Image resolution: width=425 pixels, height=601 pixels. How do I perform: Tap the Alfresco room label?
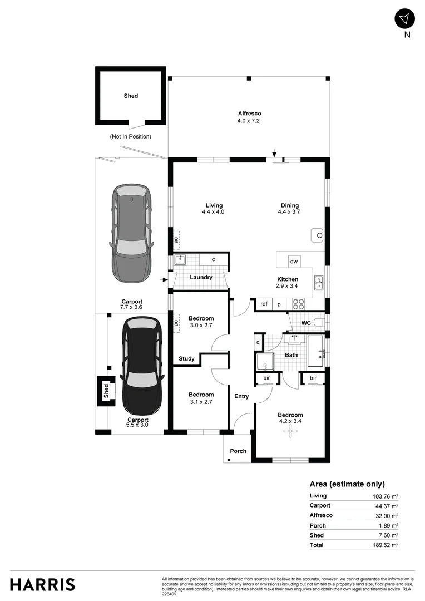249,114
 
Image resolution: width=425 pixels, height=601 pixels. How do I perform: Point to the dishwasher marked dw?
294,262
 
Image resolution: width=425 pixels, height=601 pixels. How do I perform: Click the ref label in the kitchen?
264,304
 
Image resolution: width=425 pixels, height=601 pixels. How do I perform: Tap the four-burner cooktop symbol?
298,304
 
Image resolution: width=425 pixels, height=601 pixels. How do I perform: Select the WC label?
305,323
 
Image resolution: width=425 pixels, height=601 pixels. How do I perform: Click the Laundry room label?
201,277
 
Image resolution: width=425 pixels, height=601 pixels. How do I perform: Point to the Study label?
186,359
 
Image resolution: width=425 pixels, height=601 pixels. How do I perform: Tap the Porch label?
238,451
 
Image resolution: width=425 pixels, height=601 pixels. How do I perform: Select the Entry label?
241,396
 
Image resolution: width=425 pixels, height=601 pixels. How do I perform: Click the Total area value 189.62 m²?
385,545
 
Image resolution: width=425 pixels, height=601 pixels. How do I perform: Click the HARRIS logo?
42,584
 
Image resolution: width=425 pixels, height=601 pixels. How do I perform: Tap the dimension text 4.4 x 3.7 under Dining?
290,212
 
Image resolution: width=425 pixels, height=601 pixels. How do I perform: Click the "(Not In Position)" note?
130,136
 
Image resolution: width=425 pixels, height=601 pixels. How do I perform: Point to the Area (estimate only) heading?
347,484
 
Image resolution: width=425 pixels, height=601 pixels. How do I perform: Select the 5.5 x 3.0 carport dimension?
138,425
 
